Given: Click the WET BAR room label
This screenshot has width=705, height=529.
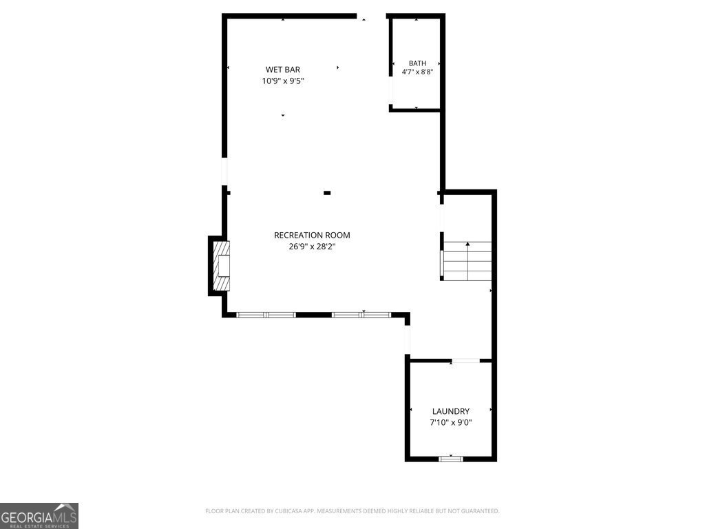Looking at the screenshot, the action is [x=283, y=70].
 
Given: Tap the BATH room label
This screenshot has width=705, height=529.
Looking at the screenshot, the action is [x=417, y=63].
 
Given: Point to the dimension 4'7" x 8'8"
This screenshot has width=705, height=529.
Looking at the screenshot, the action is [x=417, y=72].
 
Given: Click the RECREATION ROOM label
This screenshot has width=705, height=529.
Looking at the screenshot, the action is [x=312, y=236].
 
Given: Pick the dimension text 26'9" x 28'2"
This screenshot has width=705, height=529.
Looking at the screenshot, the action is [x=312, y=247].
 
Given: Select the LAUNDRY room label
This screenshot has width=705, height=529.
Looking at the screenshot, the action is [x=450, y=411].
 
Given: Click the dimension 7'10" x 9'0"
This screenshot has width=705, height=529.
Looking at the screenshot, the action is [x=450, y=422].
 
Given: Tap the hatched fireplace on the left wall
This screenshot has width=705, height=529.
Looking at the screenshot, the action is [x=221, y=266].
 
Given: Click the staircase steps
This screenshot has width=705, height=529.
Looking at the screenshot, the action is [x=467, y=261].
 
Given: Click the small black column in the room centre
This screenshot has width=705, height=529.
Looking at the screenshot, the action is [x=327, y=193].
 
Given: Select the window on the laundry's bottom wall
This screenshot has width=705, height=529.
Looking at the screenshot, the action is [x=450, y=459].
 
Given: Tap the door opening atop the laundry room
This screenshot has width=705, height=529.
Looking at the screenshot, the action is [x=466, y=361].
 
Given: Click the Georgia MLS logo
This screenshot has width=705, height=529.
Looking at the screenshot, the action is [x=39, y=516].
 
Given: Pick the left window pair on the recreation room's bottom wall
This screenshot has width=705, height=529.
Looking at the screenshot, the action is [x=266, y=315].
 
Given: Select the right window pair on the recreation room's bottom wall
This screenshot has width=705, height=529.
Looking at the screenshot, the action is [x=361, y=315].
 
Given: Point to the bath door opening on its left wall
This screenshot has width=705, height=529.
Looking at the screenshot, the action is [x=391, y=91].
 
